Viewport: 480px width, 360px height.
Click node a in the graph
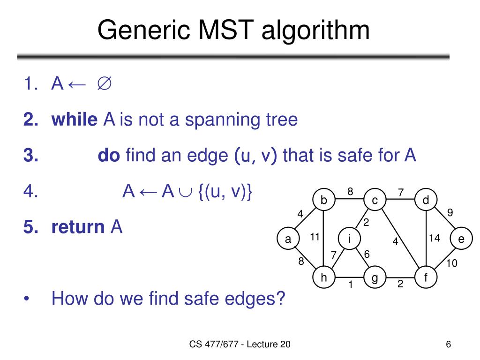point(288,239)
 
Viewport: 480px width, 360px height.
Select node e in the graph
point(461,239)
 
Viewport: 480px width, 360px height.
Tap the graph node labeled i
point(349,239)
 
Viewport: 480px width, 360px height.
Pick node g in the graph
point(375,278)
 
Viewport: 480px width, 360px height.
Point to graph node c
point(375,201)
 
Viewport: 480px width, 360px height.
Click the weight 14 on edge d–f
point(435,238)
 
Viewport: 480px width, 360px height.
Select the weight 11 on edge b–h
point(315,237)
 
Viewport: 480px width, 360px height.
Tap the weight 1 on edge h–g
point(350,285)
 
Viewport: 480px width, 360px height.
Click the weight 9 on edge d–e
point(450,212)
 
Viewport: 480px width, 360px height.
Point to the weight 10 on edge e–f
point(451,263)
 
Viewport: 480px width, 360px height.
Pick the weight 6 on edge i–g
point(367,254)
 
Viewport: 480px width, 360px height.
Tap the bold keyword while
point(74,120)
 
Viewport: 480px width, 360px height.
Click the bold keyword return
point(78,227)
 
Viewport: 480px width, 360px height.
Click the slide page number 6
point(449,345)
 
